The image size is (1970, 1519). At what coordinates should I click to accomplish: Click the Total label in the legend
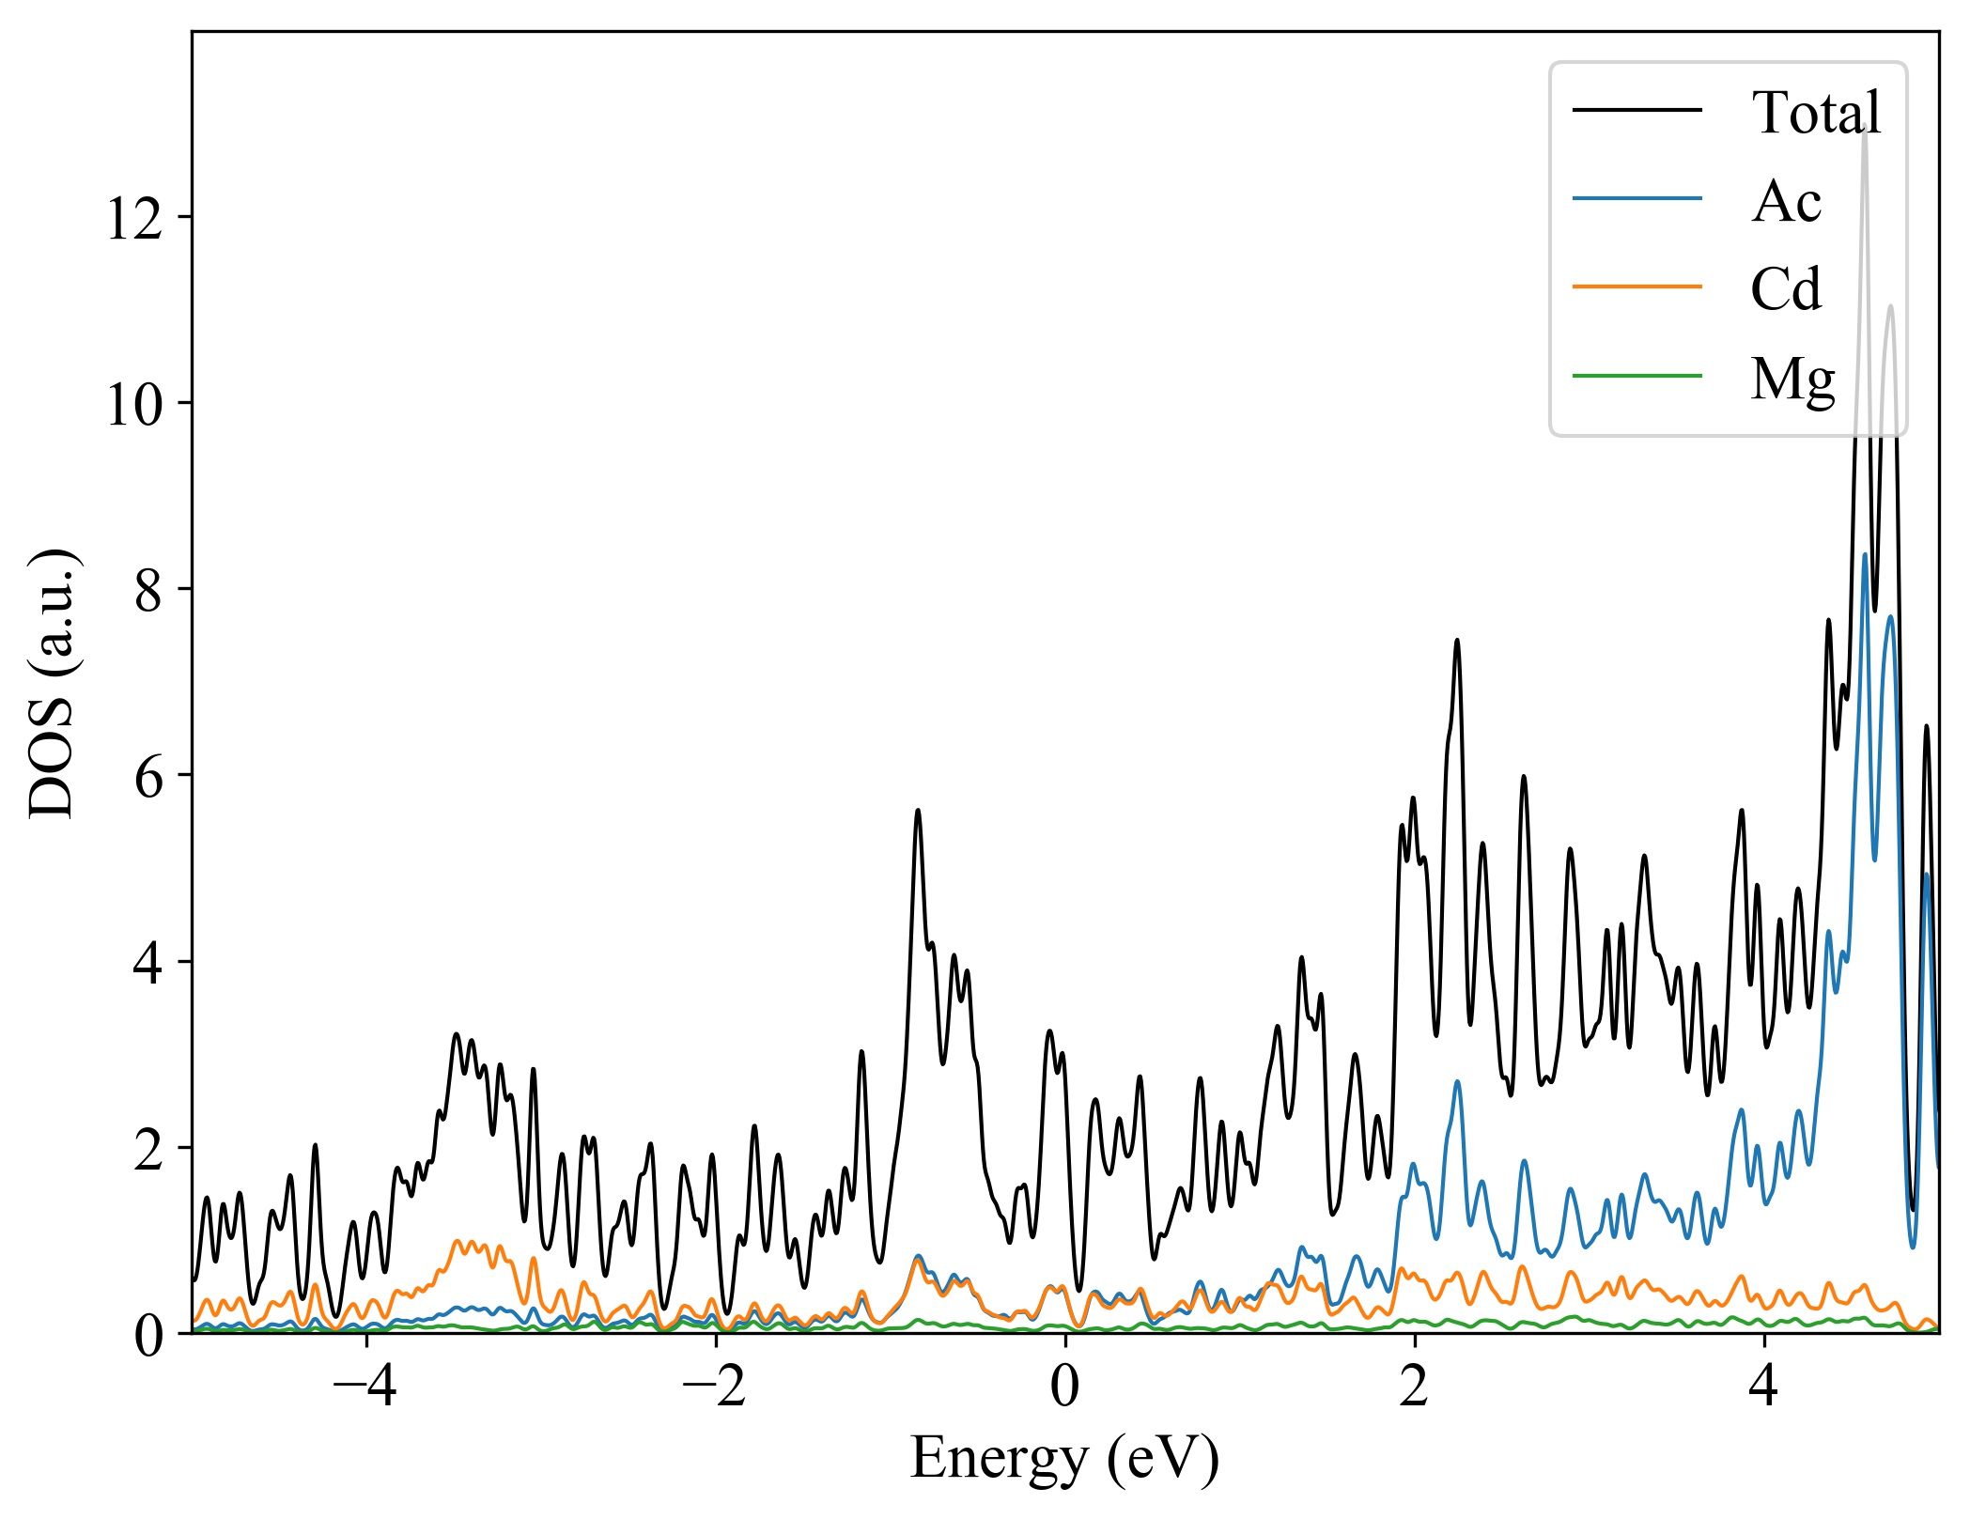pyautogui.click(x=1815, y=113)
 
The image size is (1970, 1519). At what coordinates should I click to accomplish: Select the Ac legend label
pyautogui.click(x=1786, y=201)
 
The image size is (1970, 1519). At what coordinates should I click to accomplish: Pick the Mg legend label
pyautogui.click(x=1792, y=379)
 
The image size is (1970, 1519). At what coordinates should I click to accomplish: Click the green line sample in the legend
pyautogui.click(x=1636, y=376)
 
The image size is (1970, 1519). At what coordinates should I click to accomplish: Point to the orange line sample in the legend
pyautogui.click(x=1636, y=287)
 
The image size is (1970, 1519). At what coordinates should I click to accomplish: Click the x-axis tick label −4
pyautogui.click(x=365, y=1387)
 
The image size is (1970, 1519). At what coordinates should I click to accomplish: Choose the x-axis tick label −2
pyautogui.click(x=715, y=1387)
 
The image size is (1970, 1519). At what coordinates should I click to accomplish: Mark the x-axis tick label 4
pyautogui.click(x=1764, y=1387)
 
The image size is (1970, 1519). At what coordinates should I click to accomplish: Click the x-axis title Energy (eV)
pyautogui.click(x=1064, y=1459)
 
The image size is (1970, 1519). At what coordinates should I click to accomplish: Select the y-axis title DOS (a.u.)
pyautogui.click(x=52, y=682)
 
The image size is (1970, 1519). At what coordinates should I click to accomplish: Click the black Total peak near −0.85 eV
pyautogui.click(x=918, y=811)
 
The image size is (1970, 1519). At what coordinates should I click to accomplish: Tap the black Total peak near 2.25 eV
pyautogui.click(x=1457, y=641)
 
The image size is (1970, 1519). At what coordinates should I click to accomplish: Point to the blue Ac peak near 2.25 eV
pyautogui.click(x=1457, y=1082)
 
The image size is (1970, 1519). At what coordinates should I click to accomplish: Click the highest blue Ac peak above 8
pyautogui.click(x=1864, y=555)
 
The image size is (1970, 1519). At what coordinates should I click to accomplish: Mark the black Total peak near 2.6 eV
pyautogui.click(x=1524, y=777)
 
